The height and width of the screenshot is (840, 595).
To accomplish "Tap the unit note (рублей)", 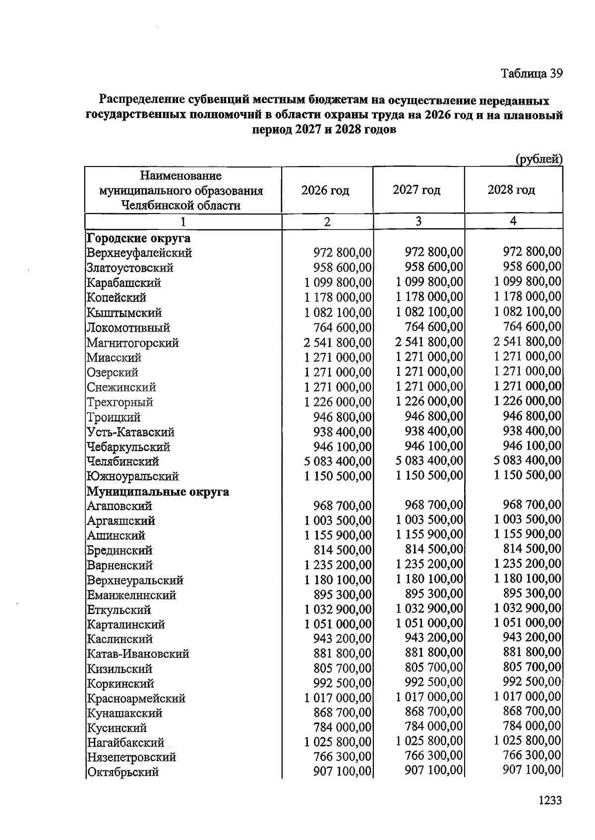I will (538, 159).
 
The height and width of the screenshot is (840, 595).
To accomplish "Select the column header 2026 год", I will (325, 190).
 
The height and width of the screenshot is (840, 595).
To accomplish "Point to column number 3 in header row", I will (418, 221).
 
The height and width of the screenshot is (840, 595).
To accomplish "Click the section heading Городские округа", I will (138, 238).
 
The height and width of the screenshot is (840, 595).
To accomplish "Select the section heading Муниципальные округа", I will (158, 492).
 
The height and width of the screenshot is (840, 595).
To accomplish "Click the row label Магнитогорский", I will (132, 342).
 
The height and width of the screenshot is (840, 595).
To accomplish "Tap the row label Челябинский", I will (122, 461).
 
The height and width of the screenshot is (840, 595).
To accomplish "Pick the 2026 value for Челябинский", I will (338, 461).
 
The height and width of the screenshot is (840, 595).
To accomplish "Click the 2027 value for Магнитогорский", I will (429, 342).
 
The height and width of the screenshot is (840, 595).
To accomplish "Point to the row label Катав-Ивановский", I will (138, 654).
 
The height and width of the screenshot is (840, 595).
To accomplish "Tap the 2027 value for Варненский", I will (429, 564).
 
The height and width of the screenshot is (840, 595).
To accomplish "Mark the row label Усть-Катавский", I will (130, 432).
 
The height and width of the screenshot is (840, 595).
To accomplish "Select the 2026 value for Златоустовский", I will (342, 268).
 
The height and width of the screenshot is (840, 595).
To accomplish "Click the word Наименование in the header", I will (180, 175).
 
